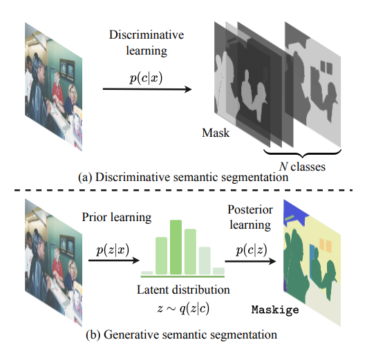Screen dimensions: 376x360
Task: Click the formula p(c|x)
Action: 146,78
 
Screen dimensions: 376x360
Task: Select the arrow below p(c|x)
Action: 147,89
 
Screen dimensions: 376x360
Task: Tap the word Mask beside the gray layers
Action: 216,133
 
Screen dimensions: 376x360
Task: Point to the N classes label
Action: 302,167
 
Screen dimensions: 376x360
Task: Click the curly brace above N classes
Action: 302,153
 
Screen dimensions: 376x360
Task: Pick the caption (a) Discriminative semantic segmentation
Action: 183,178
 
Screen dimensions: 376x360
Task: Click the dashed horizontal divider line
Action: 183,190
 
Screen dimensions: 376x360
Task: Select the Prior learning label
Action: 117,218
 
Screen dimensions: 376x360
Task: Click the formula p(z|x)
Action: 113,249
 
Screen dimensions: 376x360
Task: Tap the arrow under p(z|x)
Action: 114,260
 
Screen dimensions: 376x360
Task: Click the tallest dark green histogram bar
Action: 176,247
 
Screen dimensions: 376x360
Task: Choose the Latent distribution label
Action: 183,290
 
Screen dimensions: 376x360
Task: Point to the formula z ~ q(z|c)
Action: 183,308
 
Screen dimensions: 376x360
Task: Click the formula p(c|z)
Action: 252,250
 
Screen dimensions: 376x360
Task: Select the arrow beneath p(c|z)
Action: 251,261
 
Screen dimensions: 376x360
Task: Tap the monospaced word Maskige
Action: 275,310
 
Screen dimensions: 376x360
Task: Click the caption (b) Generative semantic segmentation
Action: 182,335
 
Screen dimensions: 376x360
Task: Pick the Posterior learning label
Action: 250,217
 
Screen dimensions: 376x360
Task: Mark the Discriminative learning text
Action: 147,43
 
